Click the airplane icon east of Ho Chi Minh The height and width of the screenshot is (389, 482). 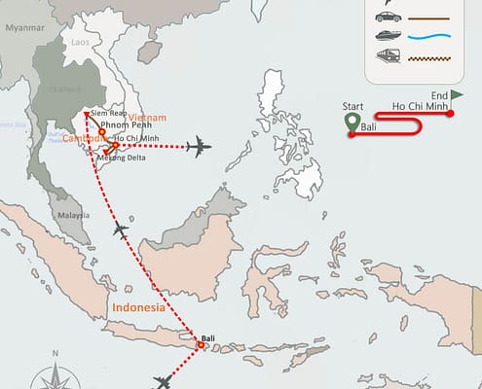(x=199, y=148)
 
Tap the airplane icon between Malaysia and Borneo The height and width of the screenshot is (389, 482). (x=121, y=230)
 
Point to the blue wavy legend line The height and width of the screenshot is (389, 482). (x=430, y=39)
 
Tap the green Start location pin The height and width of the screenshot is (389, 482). (x=352, y=123)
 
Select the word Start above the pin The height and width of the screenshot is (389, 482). (x=353, y=105)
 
